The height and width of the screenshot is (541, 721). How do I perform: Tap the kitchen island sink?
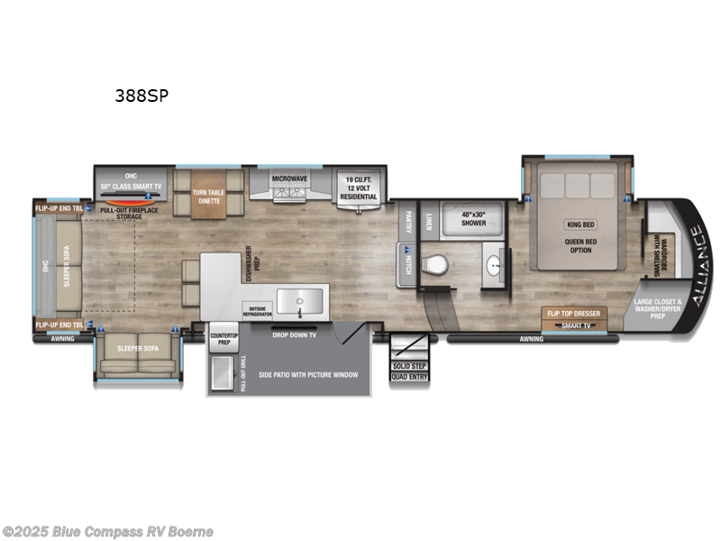click(x=298, y=300)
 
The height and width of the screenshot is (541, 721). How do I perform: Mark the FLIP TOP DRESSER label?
click(x=571, y=314)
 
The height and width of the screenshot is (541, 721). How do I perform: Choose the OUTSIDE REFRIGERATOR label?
click(x=256, y=311)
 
